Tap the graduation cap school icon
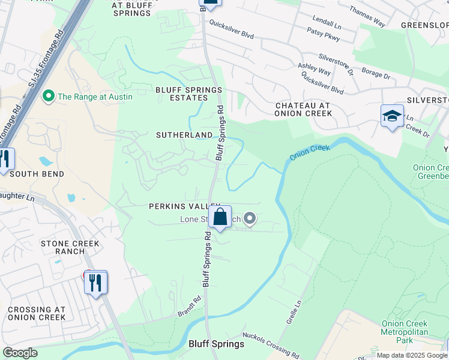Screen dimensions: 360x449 [x=391, y=116]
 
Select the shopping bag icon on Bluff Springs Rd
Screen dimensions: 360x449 [x=220, y=217]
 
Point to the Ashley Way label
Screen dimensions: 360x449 [x=315, y=69]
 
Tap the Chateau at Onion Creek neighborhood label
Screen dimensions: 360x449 [x=303, y=109]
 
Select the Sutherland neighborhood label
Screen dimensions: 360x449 [x=184, y=135]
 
